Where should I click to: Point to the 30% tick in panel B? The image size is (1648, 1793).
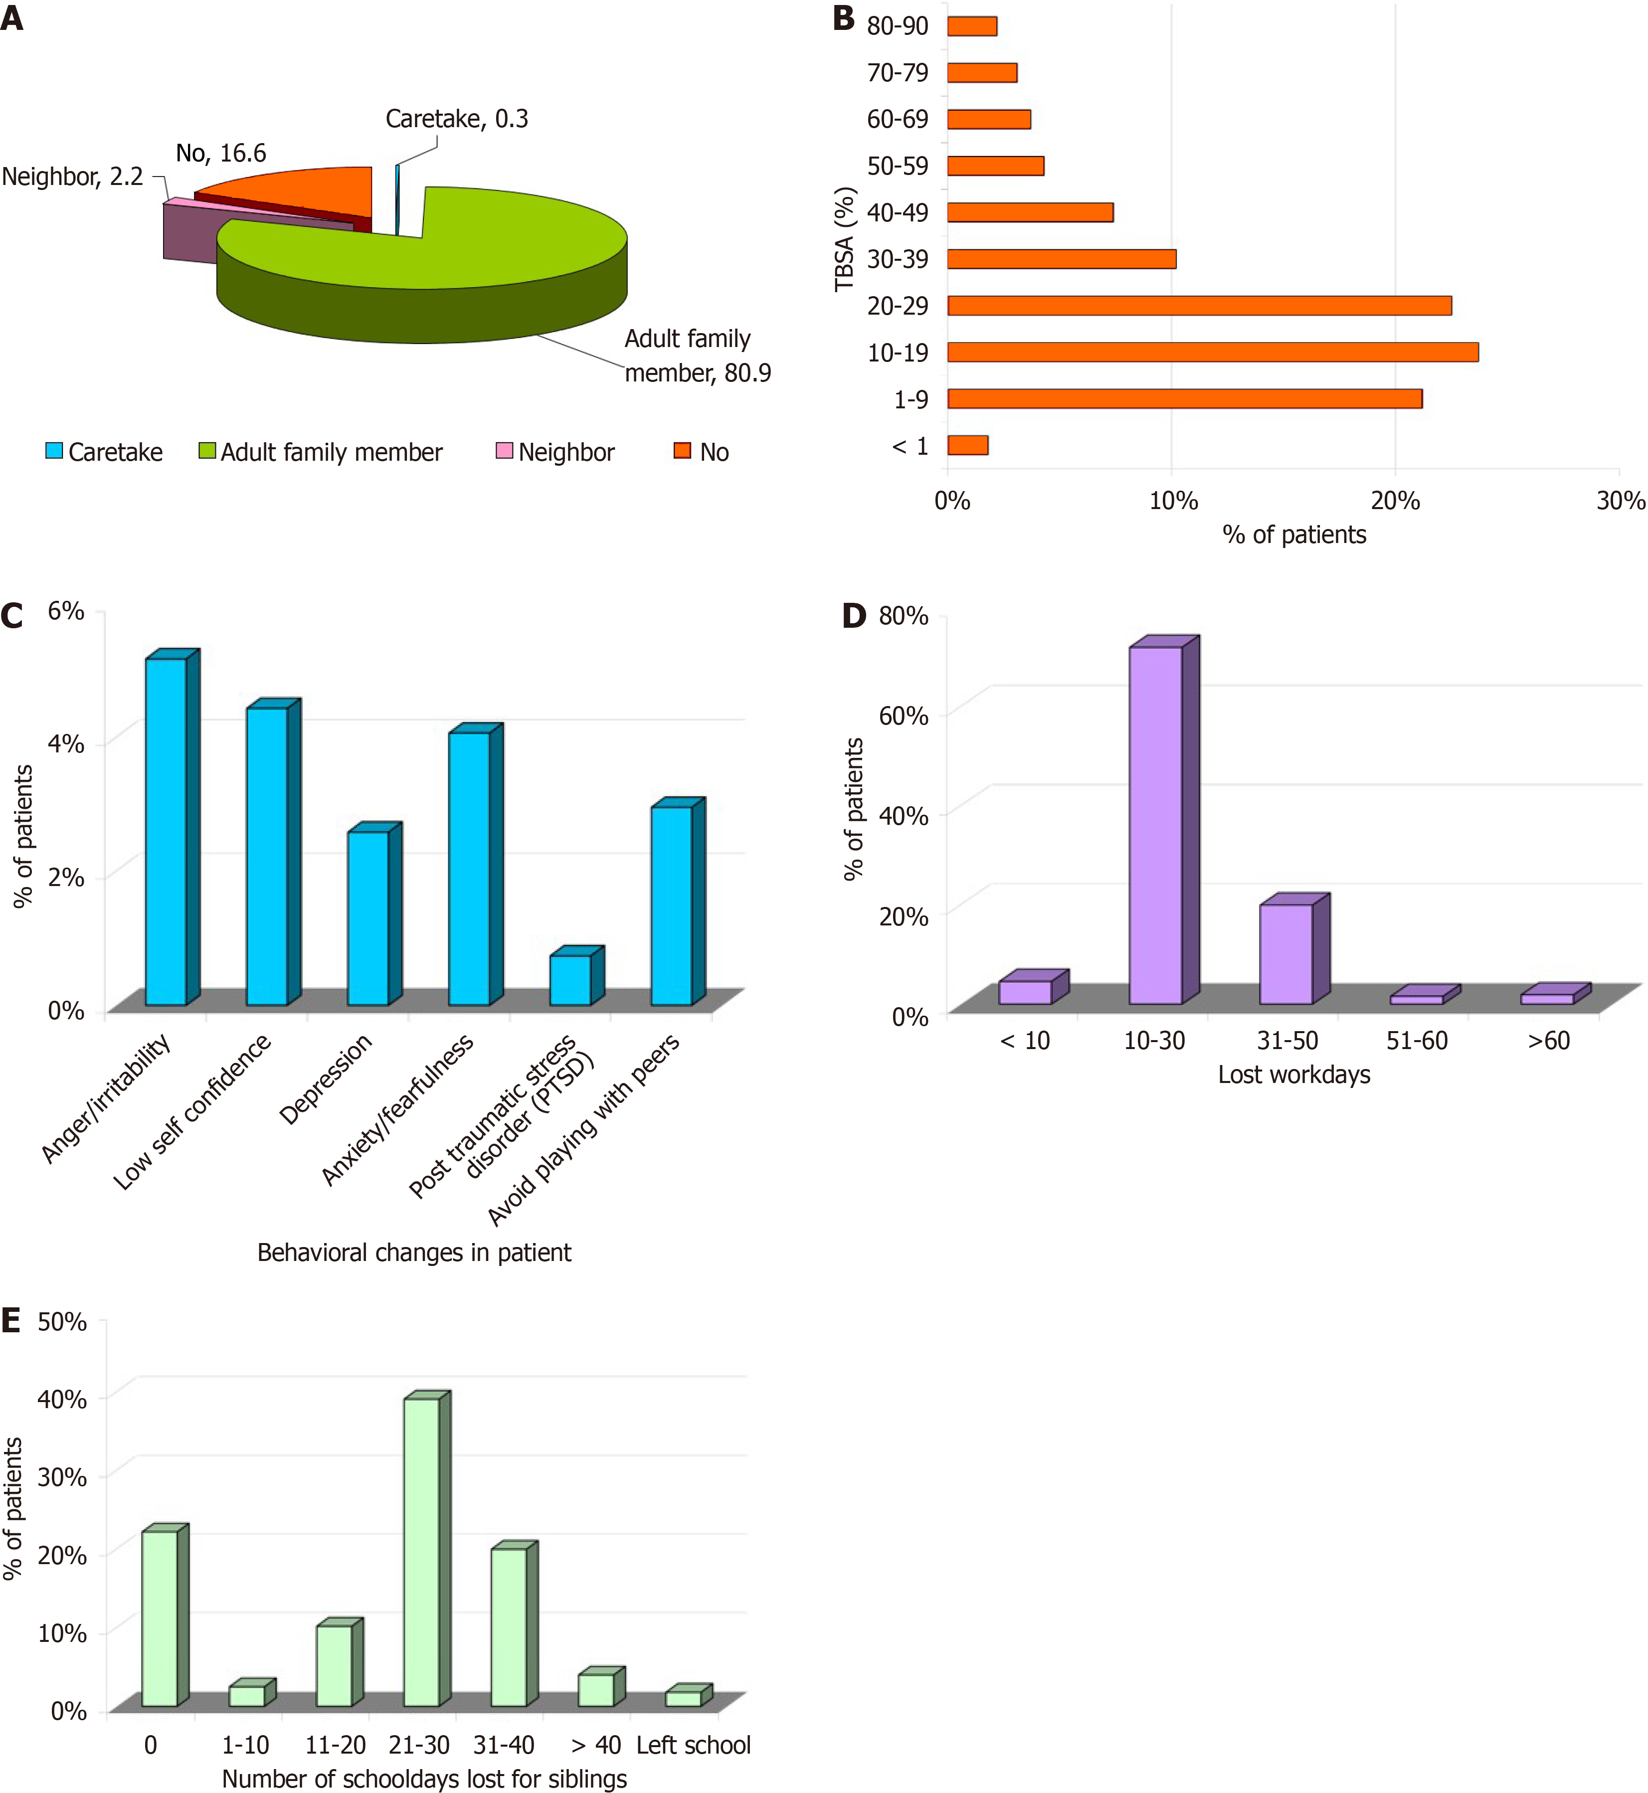coord(1620,500)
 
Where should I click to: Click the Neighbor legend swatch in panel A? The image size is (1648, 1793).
coord(504,450)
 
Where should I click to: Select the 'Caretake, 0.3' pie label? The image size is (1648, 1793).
coord(457,119)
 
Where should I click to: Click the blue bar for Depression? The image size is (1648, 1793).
coord(367,918)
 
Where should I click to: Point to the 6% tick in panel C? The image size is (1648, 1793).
coord(66,611)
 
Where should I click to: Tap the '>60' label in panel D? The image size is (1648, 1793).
coord(1548,1041)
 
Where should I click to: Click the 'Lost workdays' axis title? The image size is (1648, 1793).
coord(1294,1075)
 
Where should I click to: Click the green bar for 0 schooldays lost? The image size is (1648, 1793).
coord(160,1618)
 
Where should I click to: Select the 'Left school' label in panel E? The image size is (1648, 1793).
coord(693,1745)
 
